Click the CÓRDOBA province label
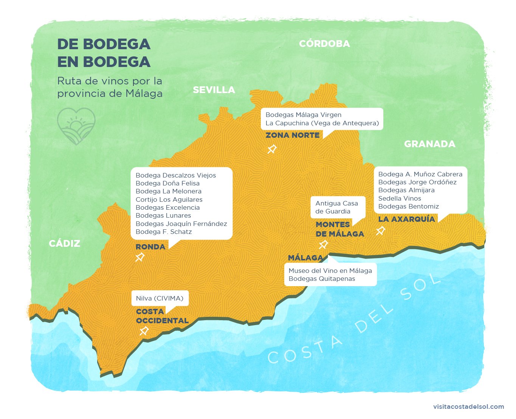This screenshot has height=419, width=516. (324, 44)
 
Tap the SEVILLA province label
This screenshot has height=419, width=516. (214, 90)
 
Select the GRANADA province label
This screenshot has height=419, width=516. (429, 144)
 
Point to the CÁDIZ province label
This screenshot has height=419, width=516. (65, 244)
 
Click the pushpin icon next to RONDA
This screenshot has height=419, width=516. (140, 257)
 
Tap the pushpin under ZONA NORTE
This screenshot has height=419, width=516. (272, 149)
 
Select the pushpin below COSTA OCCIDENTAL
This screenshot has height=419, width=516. (144, 331)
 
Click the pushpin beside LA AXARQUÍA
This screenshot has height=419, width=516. (381, 231)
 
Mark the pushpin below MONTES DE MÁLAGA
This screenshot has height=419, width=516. (323, 245)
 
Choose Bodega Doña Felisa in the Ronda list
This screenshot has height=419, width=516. (167, 183)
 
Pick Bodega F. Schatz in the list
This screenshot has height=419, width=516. (164, 232)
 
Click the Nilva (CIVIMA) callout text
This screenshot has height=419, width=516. (160, 298)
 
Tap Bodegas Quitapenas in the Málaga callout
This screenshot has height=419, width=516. (322, 279)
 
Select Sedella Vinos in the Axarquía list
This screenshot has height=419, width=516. (400, 198)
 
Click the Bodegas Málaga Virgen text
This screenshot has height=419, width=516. (303, 115)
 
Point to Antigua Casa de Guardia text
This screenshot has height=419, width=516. (336, 207)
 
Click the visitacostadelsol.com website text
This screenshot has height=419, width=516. (468, 407)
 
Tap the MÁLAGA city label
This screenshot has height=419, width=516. (305, 258)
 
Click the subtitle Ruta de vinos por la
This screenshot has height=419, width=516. (110, 81)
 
